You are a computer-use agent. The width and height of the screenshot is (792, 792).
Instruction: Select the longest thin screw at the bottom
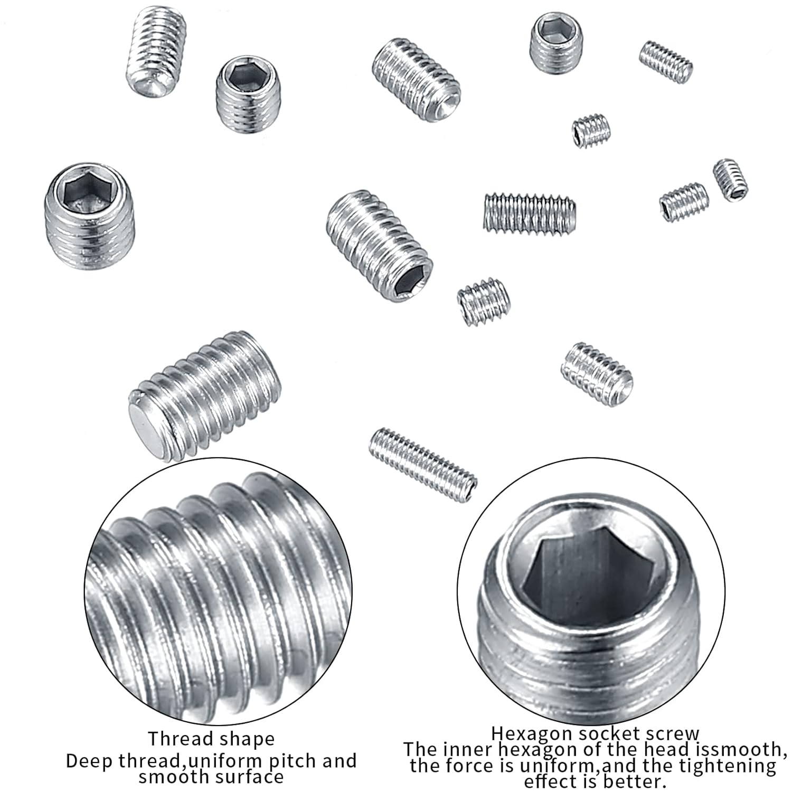pos(423,465)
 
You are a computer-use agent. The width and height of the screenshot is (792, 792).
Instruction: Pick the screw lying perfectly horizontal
pos(530,213)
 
